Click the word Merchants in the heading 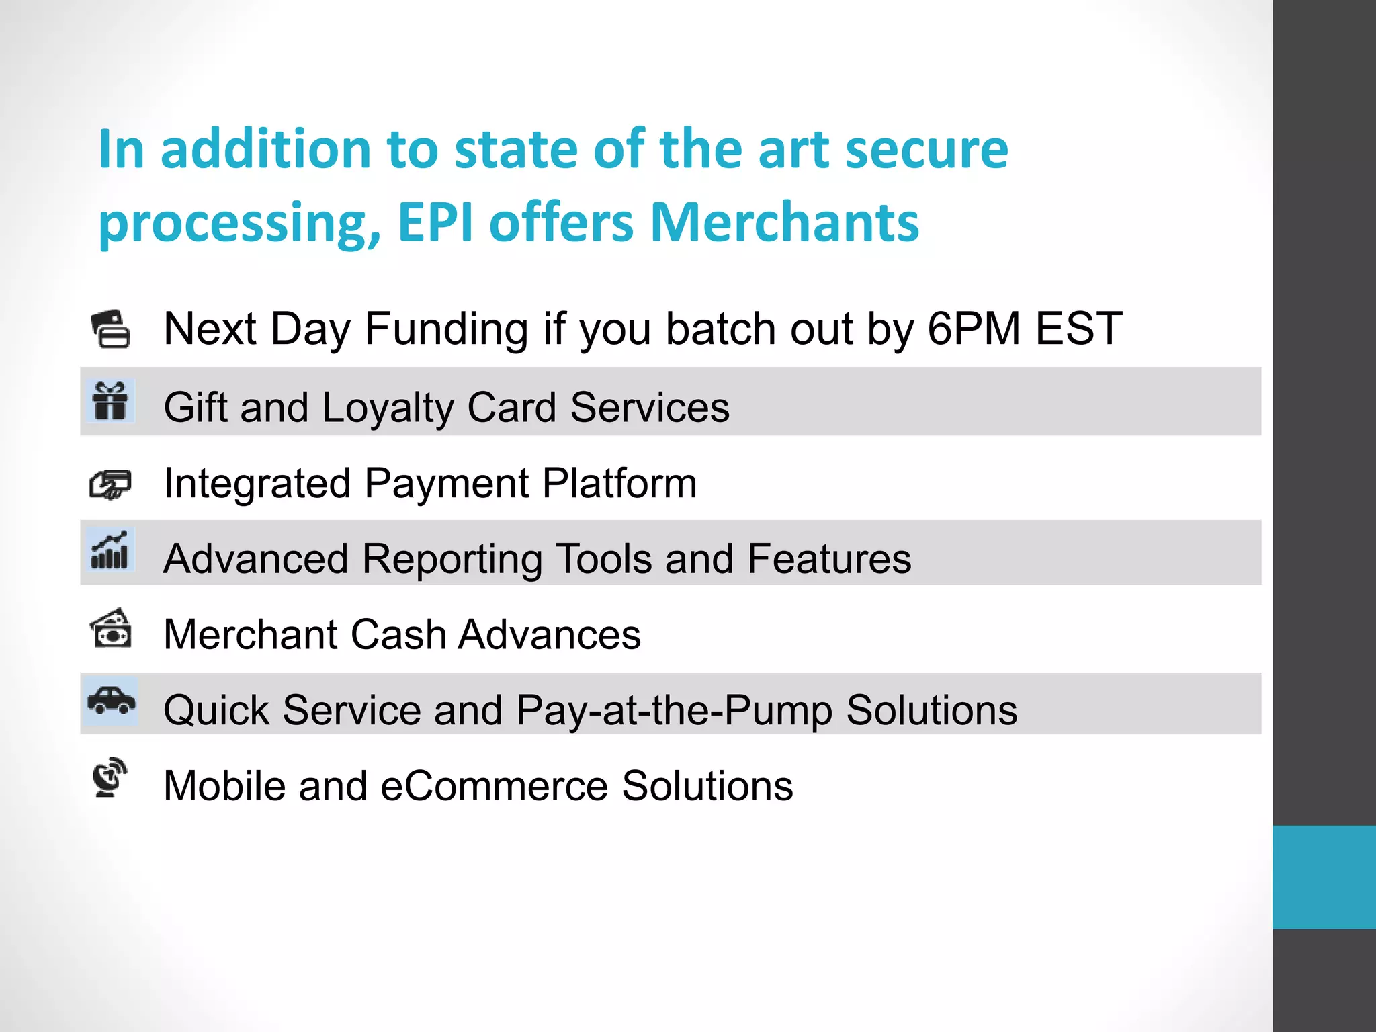[x=784, y=222]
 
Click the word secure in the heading [x=927, y=148]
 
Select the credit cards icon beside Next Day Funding [x=111, y=329]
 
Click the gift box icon [x=110, y=400]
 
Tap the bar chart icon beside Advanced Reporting [x=110, y=550]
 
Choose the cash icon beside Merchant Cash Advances [x=111, y=628]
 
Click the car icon [x=112, y=700]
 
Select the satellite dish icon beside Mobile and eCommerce [x=110, y=777]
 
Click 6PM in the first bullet [x=974, y=329]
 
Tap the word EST [x=1078, y=329]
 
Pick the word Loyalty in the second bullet [x=388, y=408]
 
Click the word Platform [x=619, y=483]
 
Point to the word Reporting [x=452, y=559]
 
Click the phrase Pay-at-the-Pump [x=674, y=710]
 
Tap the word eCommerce [x=494, y=785]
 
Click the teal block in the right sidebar [x=1324, y=877]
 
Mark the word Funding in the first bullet [x=446, y=329]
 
